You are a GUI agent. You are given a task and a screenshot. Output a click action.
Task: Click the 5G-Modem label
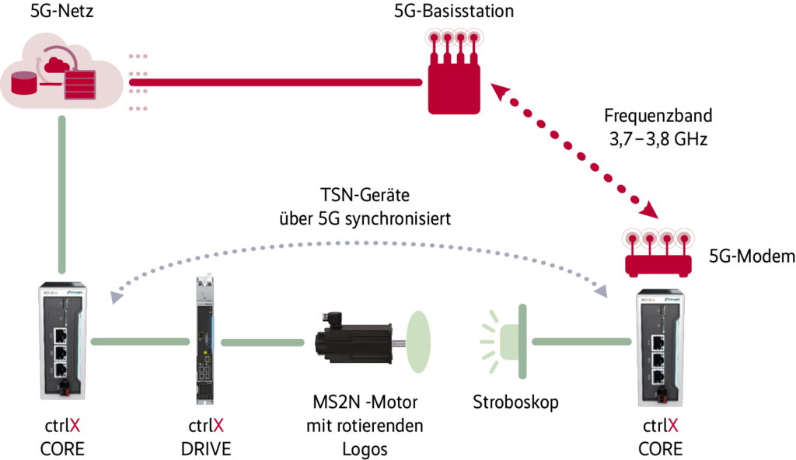point(752,256)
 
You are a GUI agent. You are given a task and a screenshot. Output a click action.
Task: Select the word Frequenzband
point(658,117)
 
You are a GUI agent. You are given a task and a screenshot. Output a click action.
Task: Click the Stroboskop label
point(515,402)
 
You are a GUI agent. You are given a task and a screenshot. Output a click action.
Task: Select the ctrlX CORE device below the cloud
point(62,344)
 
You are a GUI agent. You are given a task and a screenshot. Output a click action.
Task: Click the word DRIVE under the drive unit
point(206,449)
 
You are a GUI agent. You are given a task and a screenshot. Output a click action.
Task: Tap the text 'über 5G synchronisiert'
point(365,219)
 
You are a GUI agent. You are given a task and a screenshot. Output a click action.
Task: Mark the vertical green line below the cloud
point(62,194)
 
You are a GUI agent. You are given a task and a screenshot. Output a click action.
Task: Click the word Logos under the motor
point(365,449)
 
